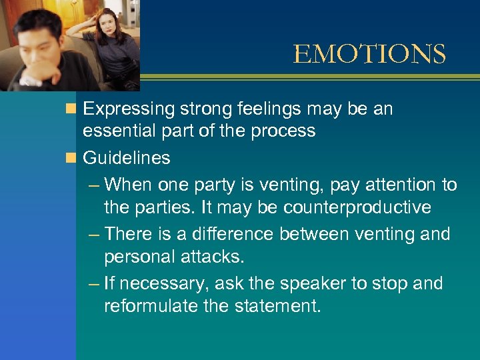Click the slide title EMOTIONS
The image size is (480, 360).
coord(369,54)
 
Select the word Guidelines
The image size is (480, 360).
coord(126,158)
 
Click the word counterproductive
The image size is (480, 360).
coord(357,207)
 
